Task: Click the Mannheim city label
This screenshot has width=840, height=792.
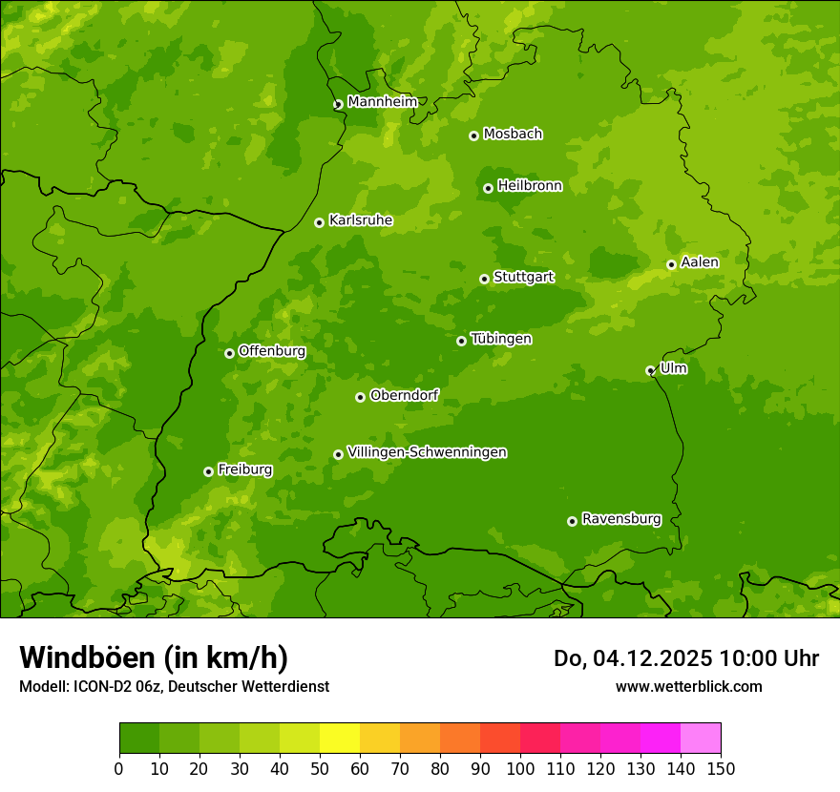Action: pos(382,102)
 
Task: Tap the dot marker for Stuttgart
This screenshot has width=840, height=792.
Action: pos(484,279)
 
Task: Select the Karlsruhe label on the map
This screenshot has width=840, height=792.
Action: pos(360,220)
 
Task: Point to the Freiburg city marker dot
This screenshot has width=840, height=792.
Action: pos(208,471)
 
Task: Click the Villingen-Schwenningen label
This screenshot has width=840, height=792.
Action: pos(427,452)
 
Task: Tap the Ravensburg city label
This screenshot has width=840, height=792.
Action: pos(620,519)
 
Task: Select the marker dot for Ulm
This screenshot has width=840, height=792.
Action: pos(650,370)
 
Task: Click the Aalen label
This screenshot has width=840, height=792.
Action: pos(699,262)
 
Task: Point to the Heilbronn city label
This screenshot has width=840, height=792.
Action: pos(530,186)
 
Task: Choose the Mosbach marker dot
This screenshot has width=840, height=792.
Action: pos(473,135)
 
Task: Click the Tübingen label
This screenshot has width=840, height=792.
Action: pos(500,339)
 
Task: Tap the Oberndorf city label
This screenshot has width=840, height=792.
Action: pos(404,395)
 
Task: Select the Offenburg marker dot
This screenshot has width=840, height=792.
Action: pos(229,353)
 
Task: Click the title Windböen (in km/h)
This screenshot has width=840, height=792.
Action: pos(154,657)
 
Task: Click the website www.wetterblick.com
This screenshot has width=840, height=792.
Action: pos(688,686)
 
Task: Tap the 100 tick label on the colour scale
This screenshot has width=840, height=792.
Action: pos(519,769)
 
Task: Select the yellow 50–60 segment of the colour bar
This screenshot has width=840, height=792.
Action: pos(339,739)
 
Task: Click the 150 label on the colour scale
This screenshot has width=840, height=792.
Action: pos(720,769)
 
